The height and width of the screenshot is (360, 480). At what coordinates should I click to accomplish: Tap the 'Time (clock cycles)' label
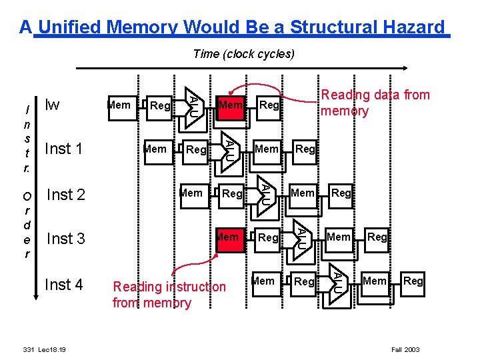point(243,54)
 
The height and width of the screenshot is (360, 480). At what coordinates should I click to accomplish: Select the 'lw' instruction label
point(51,105)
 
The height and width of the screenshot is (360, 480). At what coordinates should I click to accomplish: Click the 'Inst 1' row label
point(63,149)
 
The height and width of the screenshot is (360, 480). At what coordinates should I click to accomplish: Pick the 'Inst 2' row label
point(65,195)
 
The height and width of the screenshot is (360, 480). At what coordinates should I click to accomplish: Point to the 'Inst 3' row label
point(65,239)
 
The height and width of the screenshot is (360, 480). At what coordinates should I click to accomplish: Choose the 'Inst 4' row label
point(63,285)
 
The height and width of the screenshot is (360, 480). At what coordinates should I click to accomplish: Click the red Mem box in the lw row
point(231,105)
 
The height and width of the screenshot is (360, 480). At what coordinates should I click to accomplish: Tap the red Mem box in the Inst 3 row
point(228,237)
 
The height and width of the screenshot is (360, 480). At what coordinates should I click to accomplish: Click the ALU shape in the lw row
point(192,105)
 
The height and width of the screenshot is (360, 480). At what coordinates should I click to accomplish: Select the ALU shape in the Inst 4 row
point(339,281)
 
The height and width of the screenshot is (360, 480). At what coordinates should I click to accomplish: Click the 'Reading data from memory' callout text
point(375,103)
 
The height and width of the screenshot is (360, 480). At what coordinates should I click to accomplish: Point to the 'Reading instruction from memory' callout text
point(169,295)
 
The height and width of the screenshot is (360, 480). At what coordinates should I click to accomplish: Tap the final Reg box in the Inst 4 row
point(413,281)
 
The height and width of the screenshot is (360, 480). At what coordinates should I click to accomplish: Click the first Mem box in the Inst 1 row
point(155,149)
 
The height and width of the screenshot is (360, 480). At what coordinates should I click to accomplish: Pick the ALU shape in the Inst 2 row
point(265,193)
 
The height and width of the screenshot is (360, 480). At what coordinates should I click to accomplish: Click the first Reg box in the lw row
point(160,105)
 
